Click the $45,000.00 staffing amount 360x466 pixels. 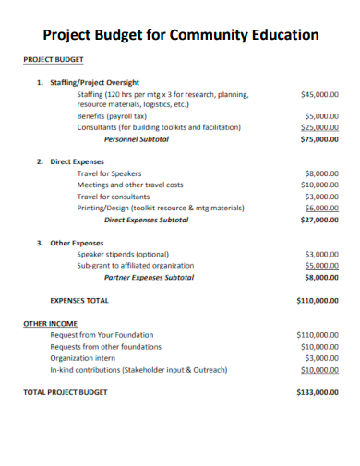(320, 94)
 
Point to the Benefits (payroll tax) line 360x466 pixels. (113, 116)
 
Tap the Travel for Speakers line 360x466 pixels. (110, 173)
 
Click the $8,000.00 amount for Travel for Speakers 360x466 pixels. (322, 173)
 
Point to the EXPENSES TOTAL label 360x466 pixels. (79, 300)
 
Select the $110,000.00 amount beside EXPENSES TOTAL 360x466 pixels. (318, 300)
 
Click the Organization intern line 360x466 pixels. (83, 357)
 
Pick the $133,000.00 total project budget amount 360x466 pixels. (318, 392)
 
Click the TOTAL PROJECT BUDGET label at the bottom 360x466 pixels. (65, 392)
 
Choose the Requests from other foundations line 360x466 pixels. (106, 346)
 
